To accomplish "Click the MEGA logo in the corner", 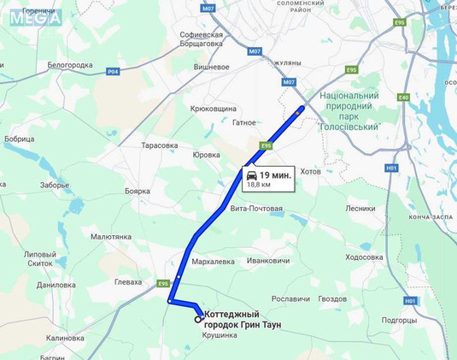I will pos(37,17).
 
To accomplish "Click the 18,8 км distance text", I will pos(259,185).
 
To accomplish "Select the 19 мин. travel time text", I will pos(275,175).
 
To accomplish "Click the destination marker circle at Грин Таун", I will pos(199,319).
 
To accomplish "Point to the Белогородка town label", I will pos(69,65).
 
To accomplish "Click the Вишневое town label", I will pos(212,67).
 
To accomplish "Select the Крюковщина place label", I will pos(213,109).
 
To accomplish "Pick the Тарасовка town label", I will pos(160,145).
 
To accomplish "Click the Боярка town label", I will pos(138,191).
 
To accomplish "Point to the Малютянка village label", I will pos(111,237).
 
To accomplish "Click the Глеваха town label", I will pos(128,281).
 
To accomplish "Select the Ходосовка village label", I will pos(365,257).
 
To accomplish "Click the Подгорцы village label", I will pos(399,320).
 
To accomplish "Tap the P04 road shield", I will pos(113,72).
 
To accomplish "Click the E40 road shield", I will pos(403,97).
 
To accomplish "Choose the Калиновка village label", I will pos(65,338).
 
